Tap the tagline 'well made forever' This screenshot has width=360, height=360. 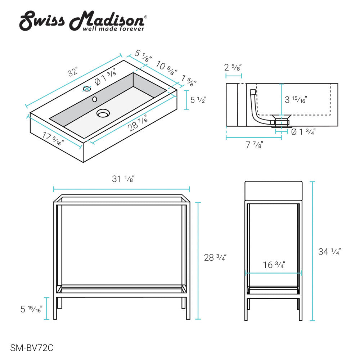pos(114,28)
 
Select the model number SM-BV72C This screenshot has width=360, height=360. pos(32,348)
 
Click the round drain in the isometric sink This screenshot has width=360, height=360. pos(103,113)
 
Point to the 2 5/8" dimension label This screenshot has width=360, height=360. pos(233,67)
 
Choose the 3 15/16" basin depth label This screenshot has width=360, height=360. pos(296,99)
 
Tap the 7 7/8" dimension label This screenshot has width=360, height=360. pos(254,145)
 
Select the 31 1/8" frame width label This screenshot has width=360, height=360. pos(123,179)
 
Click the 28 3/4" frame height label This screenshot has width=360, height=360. pos(215,258)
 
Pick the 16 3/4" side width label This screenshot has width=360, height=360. pos(274,265)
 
